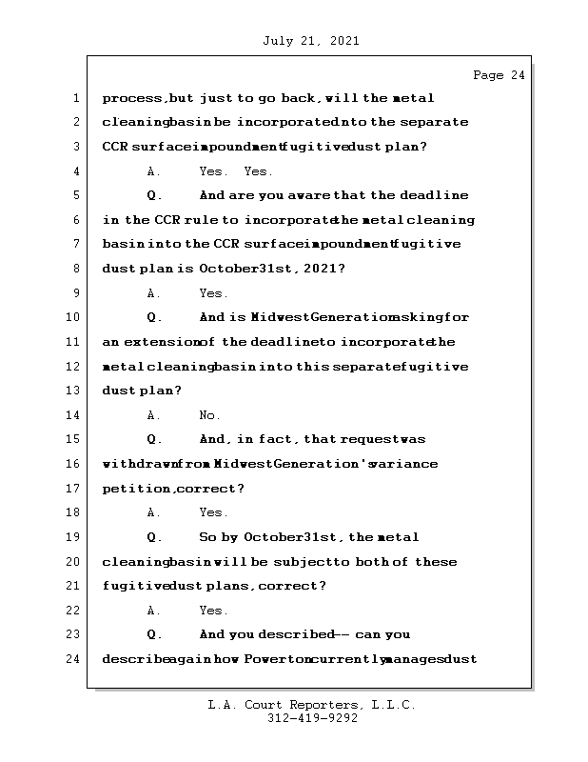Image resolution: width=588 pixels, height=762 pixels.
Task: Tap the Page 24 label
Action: point(499,75)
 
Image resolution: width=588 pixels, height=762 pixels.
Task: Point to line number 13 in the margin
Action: point(73,391)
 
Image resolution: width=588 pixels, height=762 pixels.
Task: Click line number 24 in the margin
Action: point(73,659)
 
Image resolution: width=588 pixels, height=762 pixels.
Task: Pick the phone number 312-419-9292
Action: point(312,719)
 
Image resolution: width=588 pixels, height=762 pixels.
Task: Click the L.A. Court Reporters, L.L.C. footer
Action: point(312,705)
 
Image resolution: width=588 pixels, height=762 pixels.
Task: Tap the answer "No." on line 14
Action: point(209,415)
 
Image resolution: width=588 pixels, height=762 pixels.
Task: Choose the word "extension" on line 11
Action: point(156,342)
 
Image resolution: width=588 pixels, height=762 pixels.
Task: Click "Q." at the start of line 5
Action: point(155,195)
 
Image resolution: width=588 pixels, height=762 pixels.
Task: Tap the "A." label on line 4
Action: point(154,171)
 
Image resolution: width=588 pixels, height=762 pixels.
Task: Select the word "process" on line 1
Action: point(130,98)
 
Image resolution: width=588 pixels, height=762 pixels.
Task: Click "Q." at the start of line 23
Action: point(155,634)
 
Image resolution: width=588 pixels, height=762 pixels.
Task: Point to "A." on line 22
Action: point(154,611)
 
